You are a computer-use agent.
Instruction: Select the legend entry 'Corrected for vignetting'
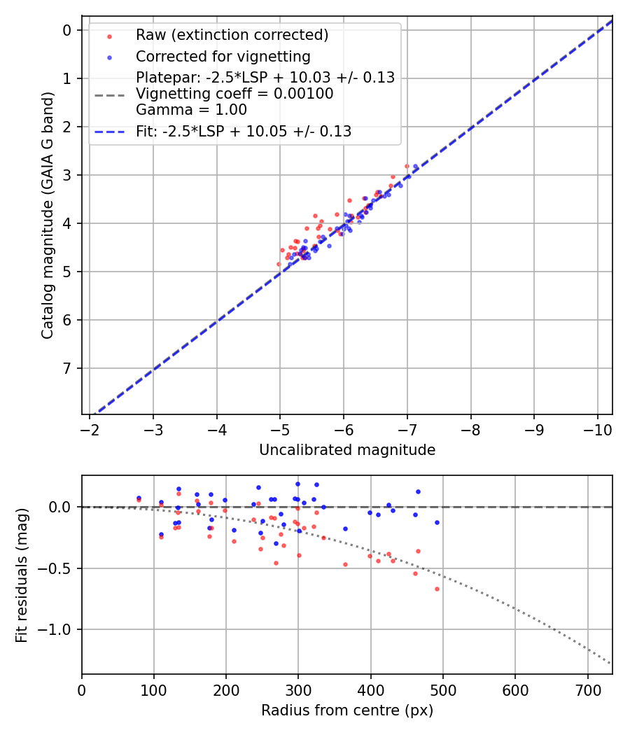(x=223, y=56)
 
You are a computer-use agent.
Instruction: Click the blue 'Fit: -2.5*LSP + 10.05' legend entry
(x=244, y=131)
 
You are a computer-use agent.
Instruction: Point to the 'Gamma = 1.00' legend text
(x=191, y=109)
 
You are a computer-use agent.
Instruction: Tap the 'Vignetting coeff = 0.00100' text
(x=234, y=94)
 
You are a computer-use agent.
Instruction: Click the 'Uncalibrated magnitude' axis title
(x=347, y=450)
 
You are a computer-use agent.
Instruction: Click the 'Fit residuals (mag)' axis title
(x=22, y=575)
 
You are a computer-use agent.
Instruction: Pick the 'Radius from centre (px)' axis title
(x=347, y=710)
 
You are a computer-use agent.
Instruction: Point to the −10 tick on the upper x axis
(x=596, y=428)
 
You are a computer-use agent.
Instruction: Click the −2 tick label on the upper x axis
(x=90, y=428)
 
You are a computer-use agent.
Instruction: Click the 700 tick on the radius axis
(x=587, y=690)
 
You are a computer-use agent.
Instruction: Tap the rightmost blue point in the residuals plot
(x=437, y=522)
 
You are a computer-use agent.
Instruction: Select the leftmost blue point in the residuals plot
(x=139, y=498)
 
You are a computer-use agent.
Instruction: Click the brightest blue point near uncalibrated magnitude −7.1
(x=415, y=167)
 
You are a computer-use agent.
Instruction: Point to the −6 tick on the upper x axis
(x=344, y=428)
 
